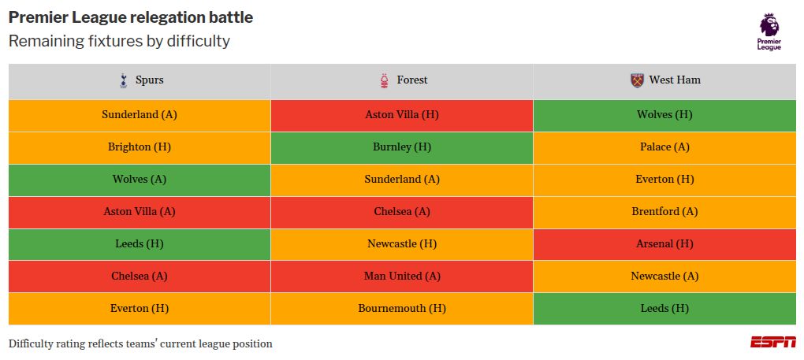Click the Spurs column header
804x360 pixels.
(x=140, y=80)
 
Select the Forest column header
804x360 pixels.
(x=402, y=80)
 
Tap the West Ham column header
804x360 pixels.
(x=664, y=80)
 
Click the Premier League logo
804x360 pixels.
(x=769, y=32)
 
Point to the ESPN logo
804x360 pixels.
(x=772, y=342)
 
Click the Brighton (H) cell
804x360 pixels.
(x=140, y=147)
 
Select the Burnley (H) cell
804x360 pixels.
(x=402, y=147)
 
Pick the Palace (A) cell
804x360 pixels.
(x=664, y=147)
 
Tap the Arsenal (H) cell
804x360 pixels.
(x=664, y=244)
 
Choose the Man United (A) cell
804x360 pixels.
(x=402, y=276)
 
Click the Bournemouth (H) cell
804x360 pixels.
(x=402, y=309)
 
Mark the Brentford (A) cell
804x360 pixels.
(x=664, y=212)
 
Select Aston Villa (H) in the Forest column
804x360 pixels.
(x=402, y=115)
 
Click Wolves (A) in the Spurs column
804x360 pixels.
(x=140, y=180)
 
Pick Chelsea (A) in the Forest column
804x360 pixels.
(x=402, y=212)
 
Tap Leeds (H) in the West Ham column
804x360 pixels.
(x=664, y=309)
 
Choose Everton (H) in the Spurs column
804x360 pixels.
(x=140, y=309)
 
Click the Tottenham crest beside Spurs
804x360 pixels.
(x=123, y=80)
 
